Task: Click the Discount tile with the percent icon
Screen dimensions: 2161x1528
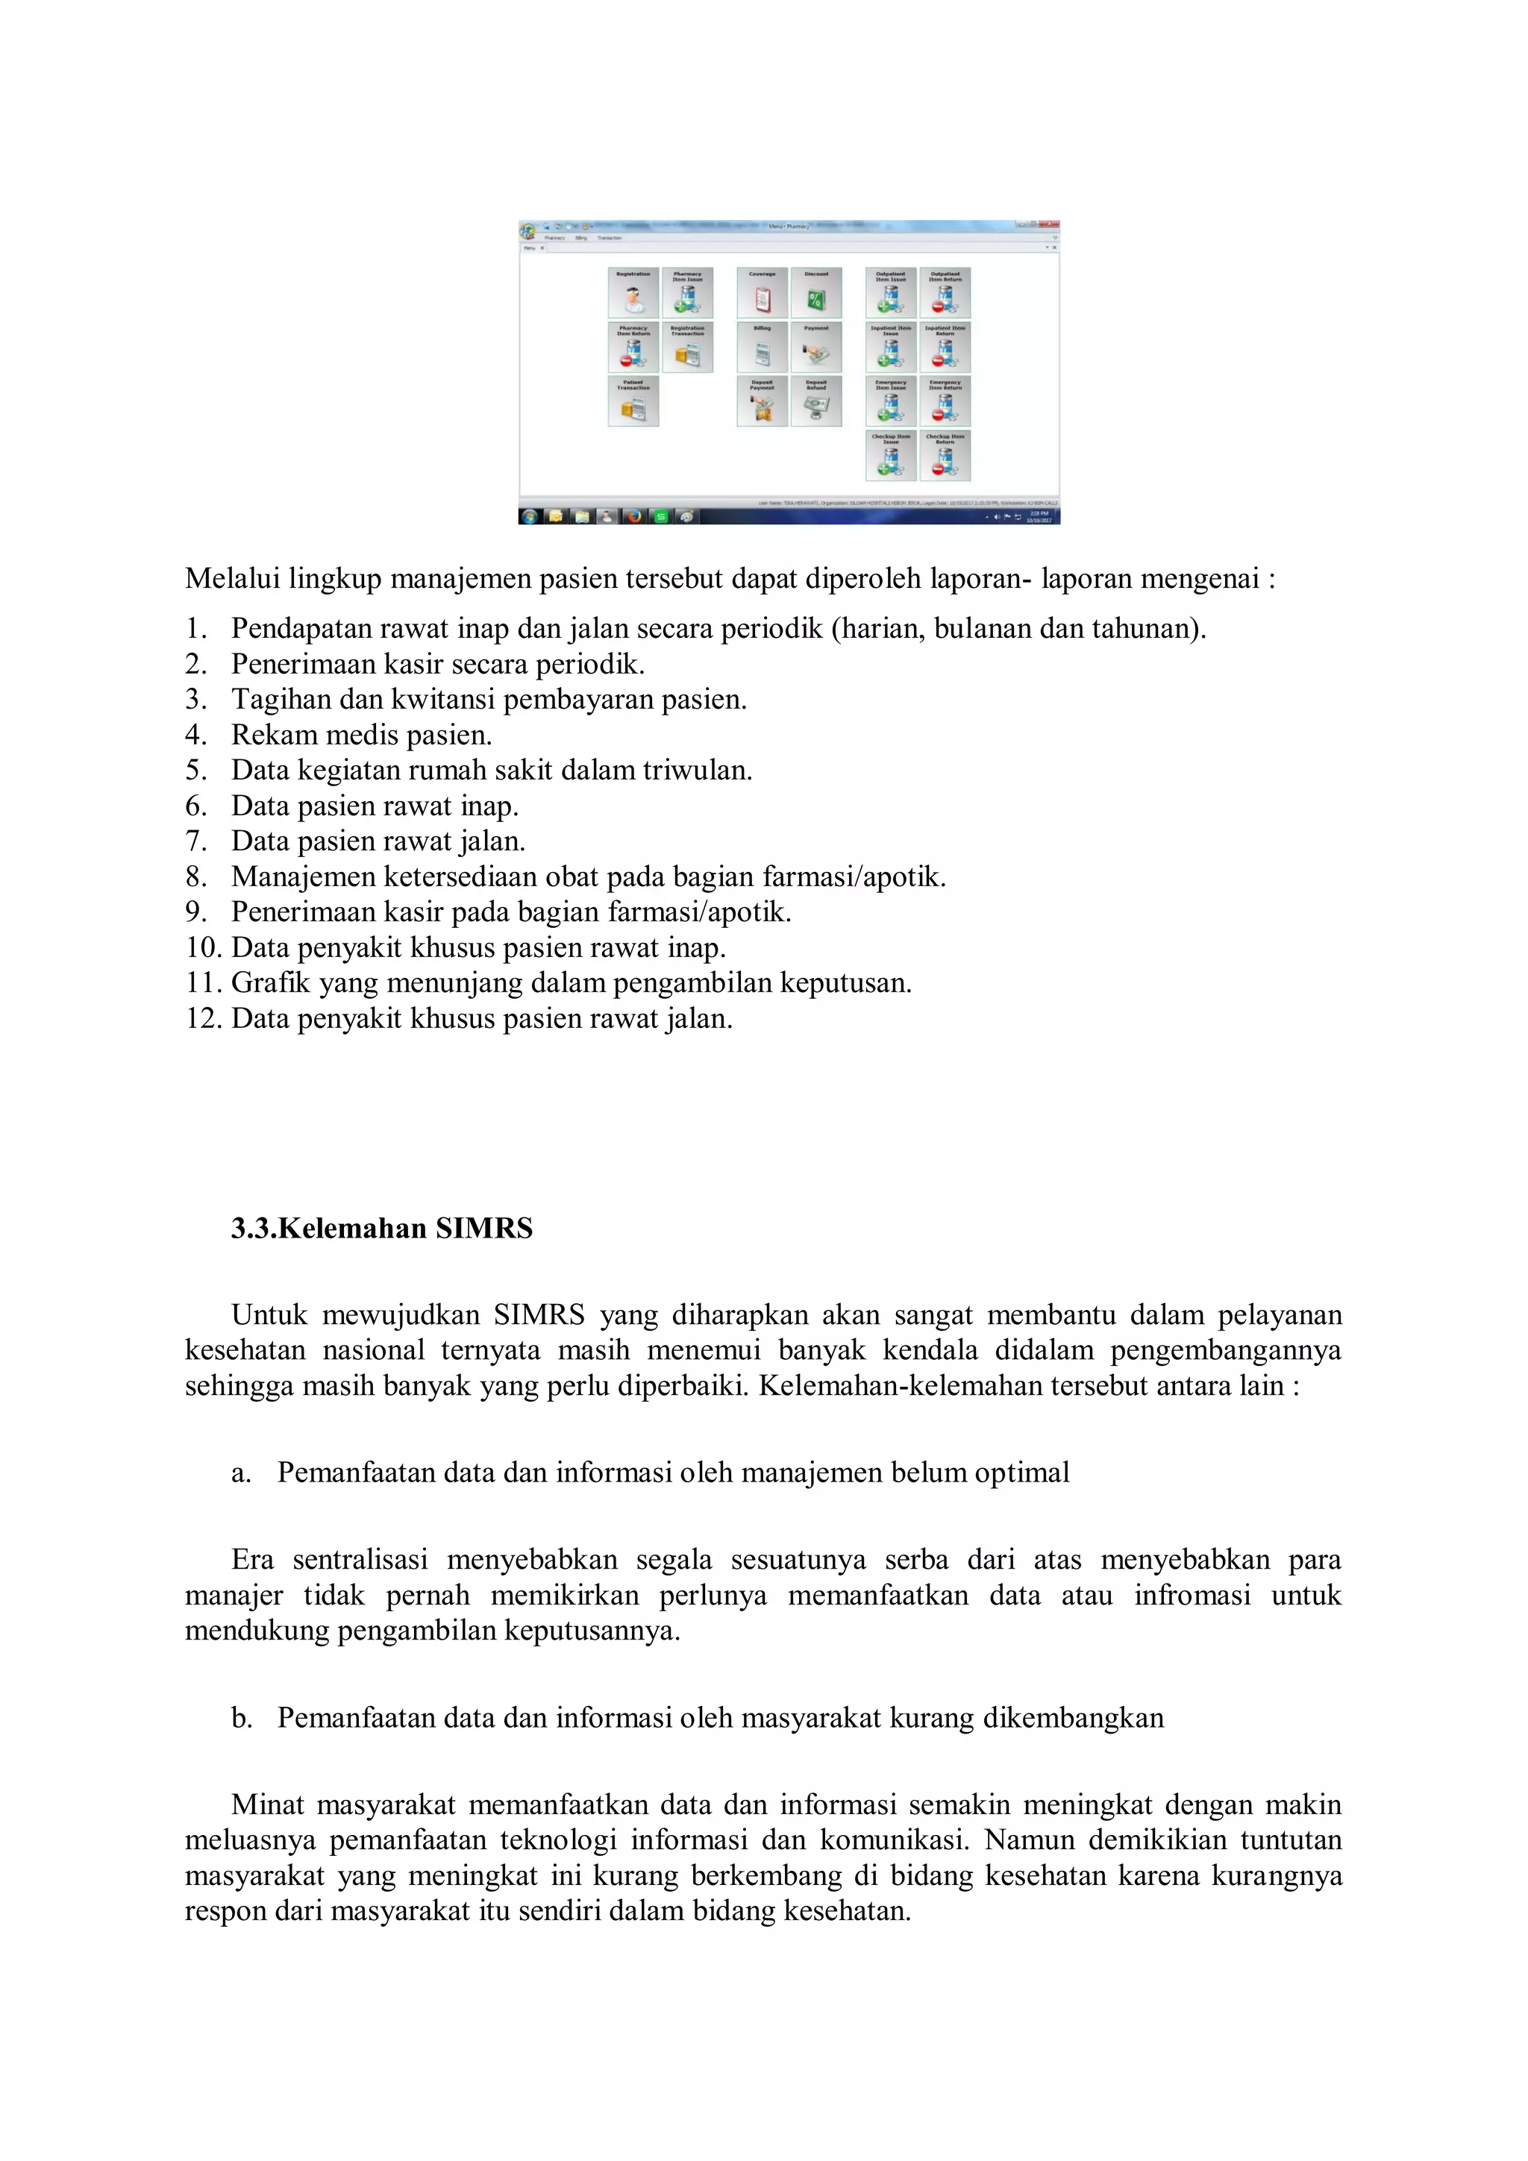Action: [816, 292]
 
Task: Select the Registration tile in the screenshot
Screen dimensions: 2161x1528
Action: [633, 292]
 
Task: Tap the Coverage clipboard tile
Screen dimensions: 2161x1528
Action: [762, 292]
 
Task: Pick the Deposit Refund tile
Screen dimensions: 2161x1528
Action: [816, 401]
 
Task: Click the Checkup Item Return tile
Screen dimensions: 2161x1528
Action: [945, 456]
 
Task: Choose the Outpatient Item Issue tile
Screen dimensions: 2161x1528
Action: [891, 292]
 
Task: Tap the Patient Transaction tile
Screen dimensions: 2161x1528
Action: [633, 401]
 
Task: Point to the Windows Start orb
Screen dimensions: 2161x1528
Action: [529, 515]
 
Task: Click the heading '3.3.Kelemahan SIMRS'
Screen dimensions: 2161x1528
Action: [381, 1229]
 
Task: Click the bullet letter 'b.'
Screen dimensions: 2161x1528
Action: [242, 1718]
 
